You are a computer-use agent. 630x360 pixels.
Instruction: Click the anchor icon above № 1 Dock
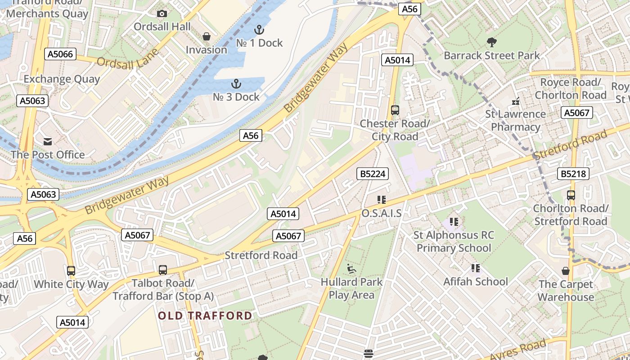click(259, 30)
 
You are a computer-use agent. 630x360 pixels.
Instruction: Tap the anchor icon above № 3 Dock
click(236, 84)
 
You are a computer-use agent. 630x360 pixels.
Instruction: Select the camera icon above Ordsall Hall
click(162, 14)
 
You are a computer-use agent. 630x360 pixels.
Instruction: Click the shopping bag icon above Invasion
click(207, 36)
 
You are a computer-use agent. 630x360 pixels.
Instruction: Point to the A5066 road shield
click(60, 54)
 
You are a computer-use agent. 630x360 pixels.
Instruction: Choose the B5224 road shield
click(373, 174)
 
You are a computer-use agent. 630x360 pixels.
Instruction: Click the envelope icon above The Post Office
click(48, 142)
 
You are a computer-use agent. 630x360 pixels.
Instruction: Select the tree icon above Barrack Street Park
click(491, 43)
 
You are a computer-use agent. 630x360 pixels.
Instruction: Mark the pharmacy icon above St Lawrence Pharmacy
click(516, 101)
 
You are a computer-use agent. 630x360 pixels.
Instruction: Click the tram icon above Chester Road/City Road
click(395, 110)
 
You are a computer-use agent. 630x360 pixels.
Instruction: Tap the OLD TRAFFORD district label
click(205, 315)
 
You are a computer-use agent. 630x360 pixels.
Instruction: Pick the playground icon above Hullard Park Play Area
click(351, 269)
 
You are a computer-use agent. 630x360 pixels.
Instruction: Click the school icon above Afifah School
click(475, 269)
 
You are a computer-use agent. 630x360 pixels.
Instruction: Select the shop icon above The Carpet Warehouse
click(566, 271)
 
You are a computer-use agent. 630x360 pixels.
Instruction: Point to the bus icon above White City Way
click(71, 271)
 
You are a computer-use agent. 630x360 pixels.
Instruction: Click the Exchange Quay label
click(62, 79)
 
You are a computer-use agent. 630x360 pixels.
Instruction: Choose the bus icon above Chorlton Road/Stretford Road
click(571, 195)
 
